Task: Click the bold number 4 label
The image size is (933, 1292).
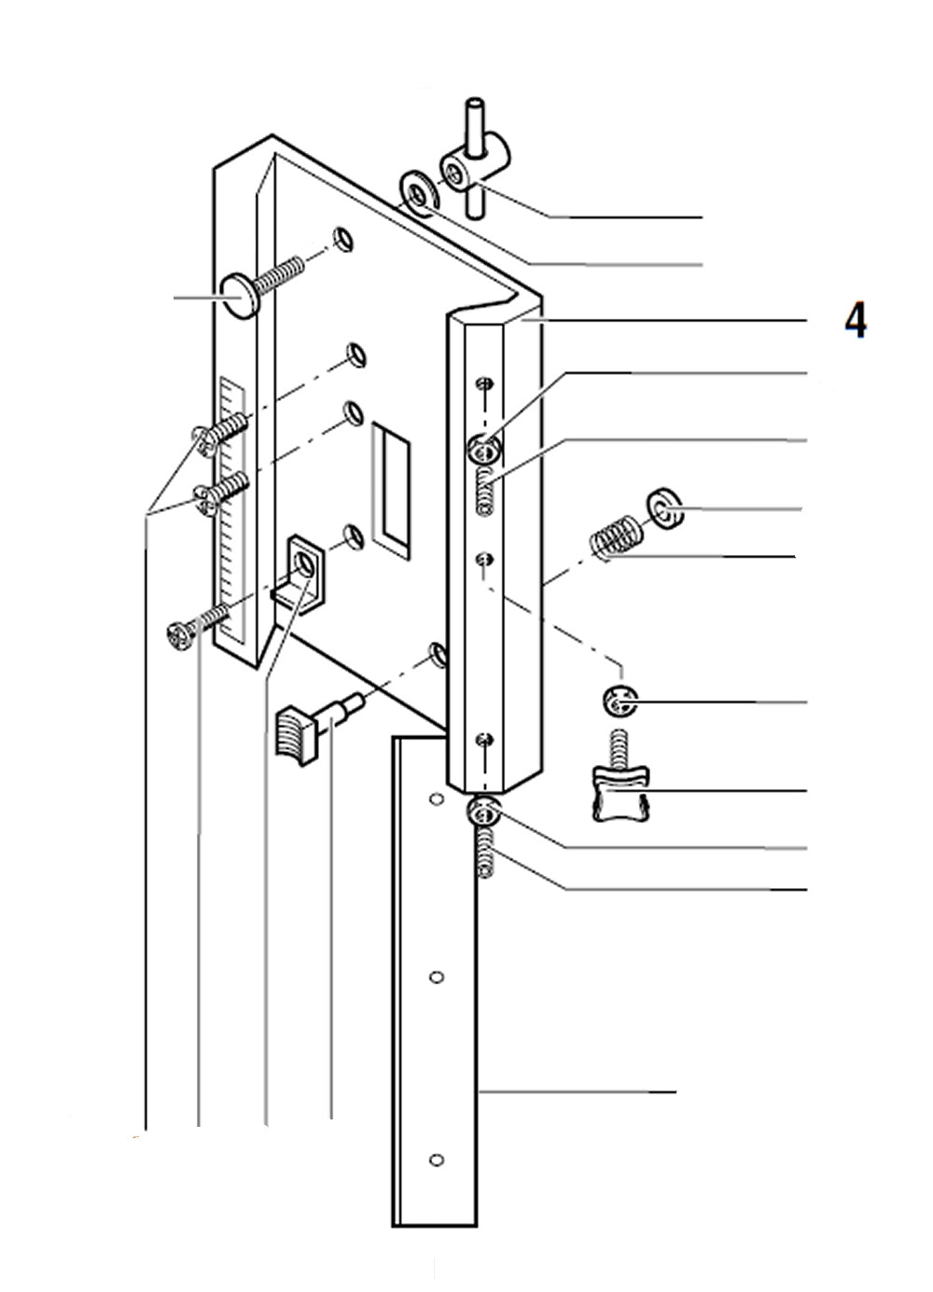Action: tap(856, 320)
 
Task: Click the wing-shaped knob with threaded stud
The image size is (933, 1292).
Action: tap(619, 794)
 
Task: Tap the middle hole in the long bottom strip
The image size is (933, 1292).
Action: tap(435, 977)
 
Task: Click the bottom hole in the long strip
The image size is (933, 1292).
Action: tap(435, 1160)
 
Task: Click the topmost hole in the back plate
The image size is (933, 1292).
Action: tap(344, 239)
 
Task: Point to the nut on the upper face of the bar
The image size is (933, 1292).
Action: tap(483, 451)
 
